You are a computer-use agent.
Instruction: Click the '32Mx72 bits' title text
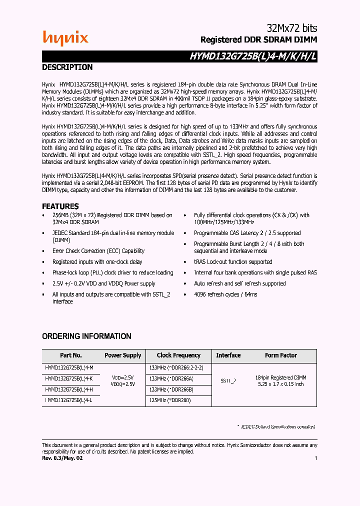coord(290,28)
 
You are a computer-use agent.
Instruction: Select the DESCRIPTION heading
coord(67,67)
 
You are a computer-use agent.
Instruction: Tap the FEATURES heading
coord(60,206)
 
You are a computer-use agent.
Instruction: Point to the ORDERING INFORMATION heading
coord(86,336)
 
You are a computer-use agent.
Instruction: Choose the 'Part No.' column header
coord(71,355)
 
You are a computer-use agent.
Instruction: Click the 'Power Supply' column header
coord(122,355)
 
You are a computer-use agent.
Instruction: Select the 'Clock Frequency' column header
coord(178,355)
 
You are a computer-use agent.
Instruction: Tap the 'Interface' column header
coord(228,355)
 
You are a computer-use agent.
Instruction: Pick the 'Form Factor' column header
coord(281,355)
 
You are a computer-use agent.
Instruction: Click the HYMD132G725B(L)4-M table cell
coord(69,368)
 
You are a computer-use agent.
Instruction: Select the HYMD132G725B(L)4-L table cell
coord(69,400)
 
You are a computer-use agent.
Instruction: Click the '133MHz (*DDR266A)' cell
coord(171,378)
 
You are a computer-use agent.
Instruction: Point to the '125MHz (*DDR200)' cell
coord(170,400)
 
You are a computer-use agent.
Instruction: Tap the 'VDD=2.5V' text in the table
coord(123,377)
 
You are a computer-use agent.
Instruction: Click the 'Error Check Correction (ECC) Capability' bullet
coord(98,251)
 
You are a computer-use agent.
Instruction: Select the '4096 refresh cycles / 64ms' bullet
coord(225,294)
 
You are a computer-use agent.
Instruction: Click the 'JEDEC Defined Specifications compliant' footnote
coord(276,426)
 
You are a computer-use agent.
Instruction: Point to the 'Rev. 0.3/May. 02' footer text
coord(62,458)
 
